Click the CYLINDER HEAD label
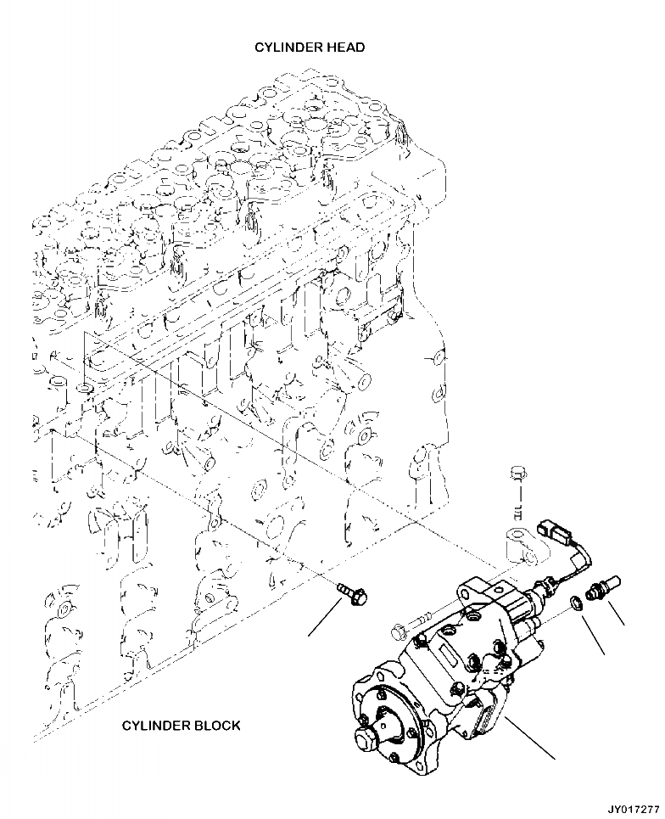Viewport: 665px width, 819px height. pos(310,48)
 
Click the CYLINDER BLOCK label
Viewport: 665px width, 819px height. pos(181,725)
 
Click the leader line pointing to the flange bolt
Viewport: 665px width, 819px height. pos(327,617)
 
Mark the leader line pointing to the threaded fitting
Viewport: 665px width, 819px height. pos(616,609)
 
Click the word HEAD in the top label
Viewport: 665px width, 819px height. pos(346,48)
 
